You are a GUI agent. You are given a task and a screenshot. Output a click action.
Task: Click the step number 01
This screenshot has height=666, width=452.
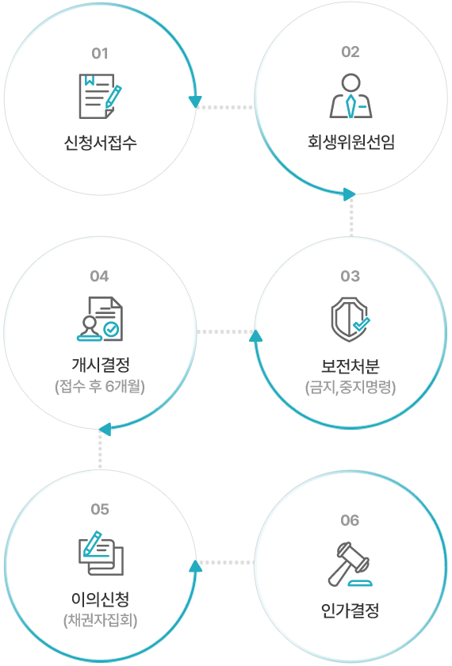tap(100, 54)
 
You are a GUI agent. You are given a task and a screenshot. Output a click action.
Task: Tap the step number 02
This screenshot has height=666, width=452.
tap(350, 52)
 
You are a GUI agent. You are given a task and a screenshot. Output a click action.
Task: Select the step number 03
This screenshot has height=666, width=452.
tap(350, 276)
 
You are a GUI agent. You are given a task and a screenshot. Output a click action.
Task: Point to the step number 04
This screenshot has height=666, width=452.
tap(99, 276)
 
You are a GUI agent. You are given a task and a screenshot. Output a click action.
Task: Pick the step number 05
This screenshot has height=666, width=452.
tap(100, 509)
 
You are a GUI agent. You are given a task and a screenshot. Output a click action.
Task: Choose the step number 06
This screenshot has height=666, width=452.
tap(350, 520)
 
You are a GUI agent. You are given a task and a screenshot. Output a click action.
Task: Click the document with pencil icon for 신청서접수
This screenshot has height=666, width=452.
tap(100, 97)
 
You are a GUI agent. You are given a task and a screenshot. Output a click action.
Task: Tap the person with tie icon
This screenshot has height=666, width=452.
tap(350, 96)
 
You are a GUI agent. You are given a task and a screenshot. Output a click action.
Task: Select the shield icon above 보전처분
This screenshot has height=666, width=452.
tap(350, 320)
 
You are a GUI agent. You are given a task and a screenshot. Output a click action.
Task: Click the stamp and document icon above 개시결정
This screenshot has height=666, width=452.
tap(100, 319)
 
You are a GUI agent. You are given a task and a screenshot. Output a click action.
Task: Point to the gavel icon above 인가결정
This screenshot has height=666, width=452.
tap(350, 564)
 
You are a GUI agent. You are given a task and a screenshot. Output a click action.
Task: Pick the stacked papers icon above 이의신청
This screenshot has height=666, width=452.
tap(101, 553)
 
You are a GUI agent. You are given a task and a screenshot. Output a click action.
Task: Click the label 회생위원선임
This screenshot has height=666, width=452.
tap(350, 142)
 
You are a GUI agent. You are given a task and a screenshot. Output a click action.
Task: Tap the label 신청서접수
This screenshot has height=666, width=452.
tap(100, 142)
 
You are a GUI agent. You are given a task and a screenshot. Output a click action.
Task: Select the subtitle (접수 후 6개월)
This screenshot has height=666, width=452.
tap(100, 387)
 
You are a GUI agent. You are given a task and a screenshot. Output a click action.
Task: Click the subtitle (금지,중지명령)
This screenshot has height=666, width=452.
tap(350, 388)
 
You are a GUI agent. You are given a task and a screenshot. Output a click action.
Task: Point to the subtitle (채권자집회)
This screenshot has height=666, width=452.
tap(100, 621)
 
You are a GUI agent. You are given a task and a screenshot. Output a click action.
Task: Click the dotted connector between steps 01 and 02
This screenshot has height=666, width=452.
tap(225, 107)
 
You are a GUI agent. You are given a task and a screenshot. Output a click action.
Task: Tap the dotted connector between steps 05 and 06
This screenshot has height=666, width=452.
tap(225, 562)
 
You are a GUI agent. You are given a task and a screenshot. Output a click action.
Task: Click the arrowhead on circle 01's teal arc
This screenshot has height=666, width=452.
tap(195, 101)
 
